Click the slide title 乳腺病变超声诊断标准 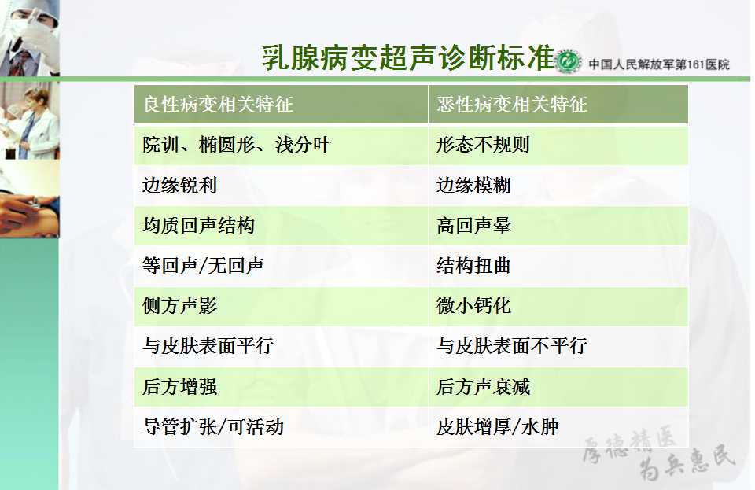(x=408, y=58)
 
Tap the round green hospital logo (x=568, y=61)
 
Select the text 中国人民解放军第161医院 (x=659, y=64)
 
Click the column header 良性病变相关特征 (x=218, y=104)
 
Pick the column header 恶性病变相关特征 (x=512, y=104)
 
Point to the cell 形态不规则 (x=483, y=145)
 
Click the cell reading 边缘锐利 (x=179, y=185)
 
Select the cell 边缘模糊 (x=473, y=185)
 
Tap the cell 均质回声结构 (x=198, y=225)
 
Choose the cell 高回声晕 (x=473, y=225)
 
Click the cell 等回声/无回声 (x=203, y=265)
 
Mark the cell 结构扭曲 (x=473, y=265)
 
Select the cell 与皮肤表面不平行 (x=512, y=345)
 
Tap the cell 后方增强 (x=179, y=386)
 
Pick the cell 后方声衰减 (x=483, y=386)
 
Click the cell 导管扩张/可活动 (x=213, y=426)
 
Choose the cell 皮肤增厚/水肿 (x=497, y=426)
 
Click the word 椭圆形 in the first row (x=226, y=145)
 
